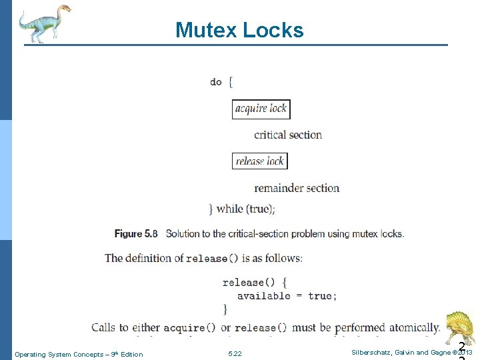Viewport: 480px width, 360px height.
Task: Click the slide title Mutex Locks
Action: tap(239, 30)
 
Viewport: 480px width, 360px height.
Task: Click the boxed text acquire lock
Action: tap(261, 109)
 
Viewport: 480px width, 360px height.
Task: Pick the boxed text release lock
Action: tap(260, 161)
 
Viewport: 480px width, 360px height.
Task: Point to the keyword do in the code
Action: tap(215, 82)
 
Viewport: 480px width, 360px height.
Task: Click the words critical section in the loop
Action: tap(288, 135)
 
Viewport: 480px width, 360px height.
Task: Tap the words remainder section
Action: tap(297, 188)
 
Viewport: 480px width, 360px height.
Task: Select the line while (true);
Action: tap(245, 209)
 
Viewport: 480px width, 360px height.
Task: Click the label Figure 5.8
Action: tap(136, 234)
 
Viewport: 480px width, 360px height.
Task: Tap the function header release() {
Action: tap(255, 282)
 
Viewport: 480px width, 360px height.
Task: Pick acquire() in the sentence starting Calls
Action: tap(189, 327)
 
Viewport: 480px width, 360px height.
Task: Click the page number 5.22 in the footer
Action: tap(235, 354)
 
